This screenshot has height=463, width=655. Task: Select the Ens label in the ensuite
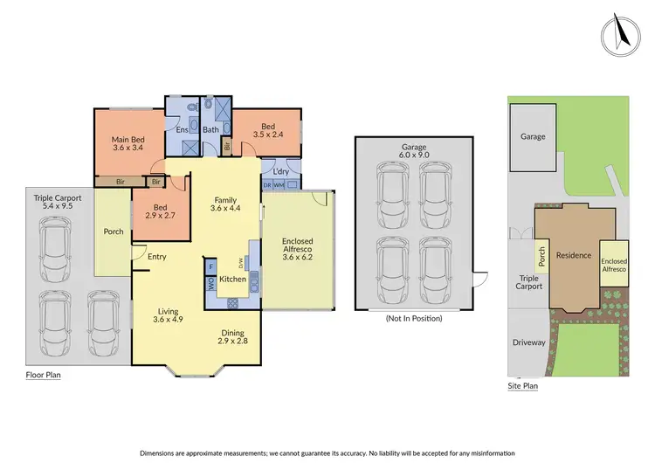point(183,130)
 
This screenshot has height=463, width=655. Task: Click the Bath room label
point(210,130)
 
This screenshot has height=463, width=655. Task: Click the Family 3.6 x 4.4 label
point(224,204)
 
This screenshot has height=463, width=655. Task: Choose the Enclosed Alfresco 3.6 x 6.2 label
point(297,248)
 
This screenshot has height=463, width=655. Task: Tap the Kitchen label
point(232,279)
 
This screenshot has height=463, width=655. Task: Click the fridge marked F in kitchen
point(211,266)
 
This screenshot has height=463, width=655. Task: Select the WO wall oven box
point(211,282)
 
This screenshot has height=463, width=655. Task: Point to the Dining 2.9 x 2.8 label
point(231,337)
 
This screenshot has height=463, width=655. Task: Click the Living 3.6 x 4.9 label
point(168,315)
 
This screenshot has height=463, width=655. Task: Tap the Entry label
point(156,256)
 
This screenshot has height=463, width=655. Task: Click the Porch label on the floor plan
point(113,231)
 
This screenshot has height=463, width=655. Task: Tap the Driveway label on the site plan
point(529,342)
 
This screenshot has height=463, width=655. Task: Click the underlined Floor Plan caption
point(44,375)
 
